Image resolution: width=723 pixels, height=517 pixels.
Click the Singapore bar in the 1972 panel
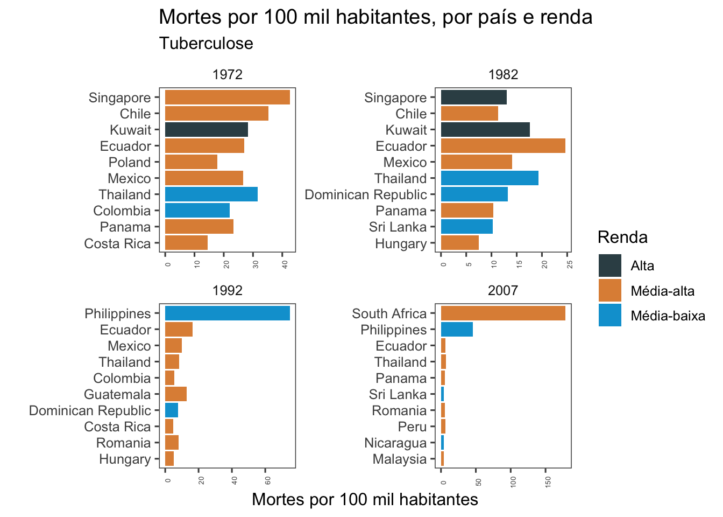227,97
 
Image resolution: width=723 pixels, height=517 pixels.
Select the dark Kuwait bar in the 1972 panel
206,130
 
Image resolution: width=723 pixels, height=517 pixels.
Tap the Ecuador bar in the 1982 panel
502,146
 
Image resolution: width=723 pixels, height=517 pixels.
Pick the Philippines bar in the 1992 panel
227,313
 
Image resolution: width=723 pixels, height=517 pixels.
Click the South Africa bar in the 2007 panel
502,313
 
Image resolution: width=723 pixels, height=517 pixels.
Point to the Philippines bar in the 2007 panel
456,330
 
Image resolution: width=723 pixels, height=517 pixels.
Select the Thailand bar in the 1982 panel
489,178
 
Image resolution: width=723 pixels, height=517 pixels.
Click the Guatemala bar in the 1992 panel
175,394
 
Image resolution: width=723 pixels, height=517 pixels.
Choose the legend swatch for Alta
609,266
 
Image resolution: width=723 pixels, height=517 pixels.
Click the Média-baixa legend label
668,316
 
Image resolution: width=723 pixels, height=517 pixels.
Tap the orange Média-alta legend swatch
609,291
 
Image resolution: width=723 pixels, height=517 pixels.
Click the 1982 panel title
503,74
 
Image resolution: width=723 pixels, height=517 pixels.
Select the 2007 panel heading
502,291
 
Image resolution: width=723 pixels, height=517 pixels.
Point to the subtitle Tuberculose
206,44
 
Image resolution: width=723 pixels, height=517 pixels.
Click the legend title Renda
622,237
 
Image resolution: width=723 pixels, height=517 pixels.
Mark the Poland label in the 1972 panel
130,162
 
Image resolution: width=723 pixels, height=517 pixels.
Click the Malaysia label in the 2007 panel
400,459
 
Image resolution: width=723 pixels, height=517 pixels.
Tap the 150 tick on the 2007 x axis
548,481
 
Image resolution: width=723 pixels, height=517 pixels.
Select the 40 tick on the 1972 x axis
285,264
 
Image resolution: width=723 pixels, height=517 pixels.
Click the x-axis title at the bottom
365,500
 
